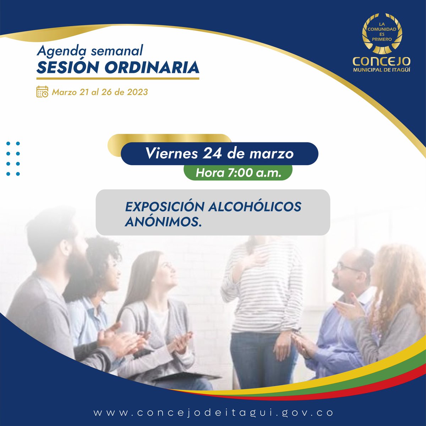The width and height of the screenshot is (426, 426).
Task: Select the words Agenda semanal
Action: pos(89,51)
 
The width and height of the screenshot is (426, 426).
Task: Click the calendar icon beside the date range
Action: pos(42,92)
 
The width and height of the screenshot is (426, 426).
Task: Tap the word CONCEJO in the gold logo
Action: pos(382,61)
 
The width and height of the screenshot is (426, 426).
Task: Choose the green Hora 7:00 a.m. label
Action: pos(238,173)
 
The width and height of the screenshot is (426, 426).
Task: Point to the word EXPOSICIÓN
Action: pos(165,207)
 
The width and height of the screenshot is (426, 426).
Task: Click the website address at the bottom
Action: pos(213,413)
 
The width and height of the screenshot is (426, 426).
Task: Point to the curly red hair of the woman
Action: pos(394,270)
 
